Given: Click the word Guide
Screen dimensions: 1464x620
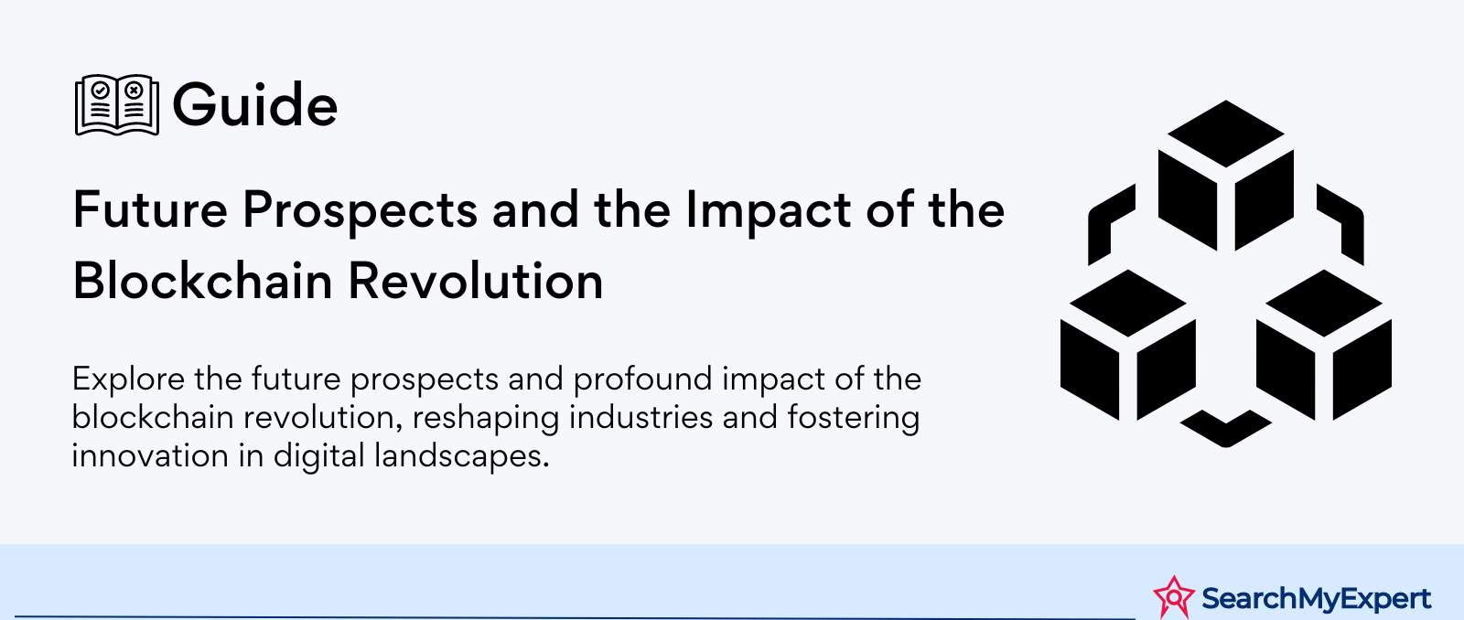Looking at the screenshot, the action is pyautogui.click(x=255, y=104).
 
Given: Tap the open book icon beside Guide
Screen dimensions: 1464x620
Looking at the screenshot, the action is pyautogui.click(x=117, y=104).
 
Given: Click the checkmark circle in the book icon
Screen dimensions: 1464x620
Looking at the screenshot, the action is pyautogui.click(x=100, y=90).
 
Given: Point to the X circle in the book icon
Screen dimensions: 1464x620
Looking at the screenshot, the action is pyautogui.click(x=134, y=90).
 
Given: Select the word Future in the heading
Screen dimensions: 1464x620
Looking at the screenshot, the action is pyautogui.click(x=150, y=209).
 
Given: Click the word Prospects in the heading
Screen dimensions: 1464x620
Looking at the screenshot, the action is pyautogui.click(x=361, y=211).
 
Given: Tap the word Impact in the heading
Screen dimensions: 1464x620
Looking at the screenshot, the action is pyautogui.click(x=768, y=211).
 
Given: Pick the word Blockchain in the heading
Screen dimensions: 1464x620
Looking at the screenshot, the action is pyautogui.click(x=202, y=281).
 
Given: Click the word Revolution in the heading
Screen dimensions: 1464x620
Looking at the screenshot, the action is pyautogui.click(x=475, y=281).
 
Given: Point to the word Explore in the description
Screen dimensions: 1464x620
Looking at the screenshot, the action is pyautogui.click(x=128, y=379).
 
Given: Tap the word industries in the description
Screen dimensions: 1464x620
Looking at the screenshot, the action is pyautogui.click(x=640, y=418).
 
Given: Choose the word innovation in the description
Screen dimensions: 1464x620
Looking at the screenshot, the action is pyautogui.click(x=150, y=455).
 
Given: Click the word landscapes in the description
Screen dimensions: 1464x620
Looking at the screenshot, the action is pyautogui.click(x=461, y=456).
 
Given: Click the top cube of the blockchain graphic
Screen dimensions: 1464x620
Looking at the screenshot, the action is pyautogui.click(x=1226, y=175).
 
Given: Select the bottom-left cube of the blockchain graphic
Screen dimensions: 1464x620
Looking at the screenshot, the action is pyautogui.click(x=1128, y=345).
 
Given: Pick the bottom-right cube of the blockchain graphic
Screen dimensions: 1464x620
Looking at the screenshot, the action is pyautogui.click(x=1324, y=345).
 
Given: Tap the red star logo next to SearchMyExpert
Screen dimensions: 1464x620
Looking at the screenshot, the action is pyautogui.click(x=1174, y=597).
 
